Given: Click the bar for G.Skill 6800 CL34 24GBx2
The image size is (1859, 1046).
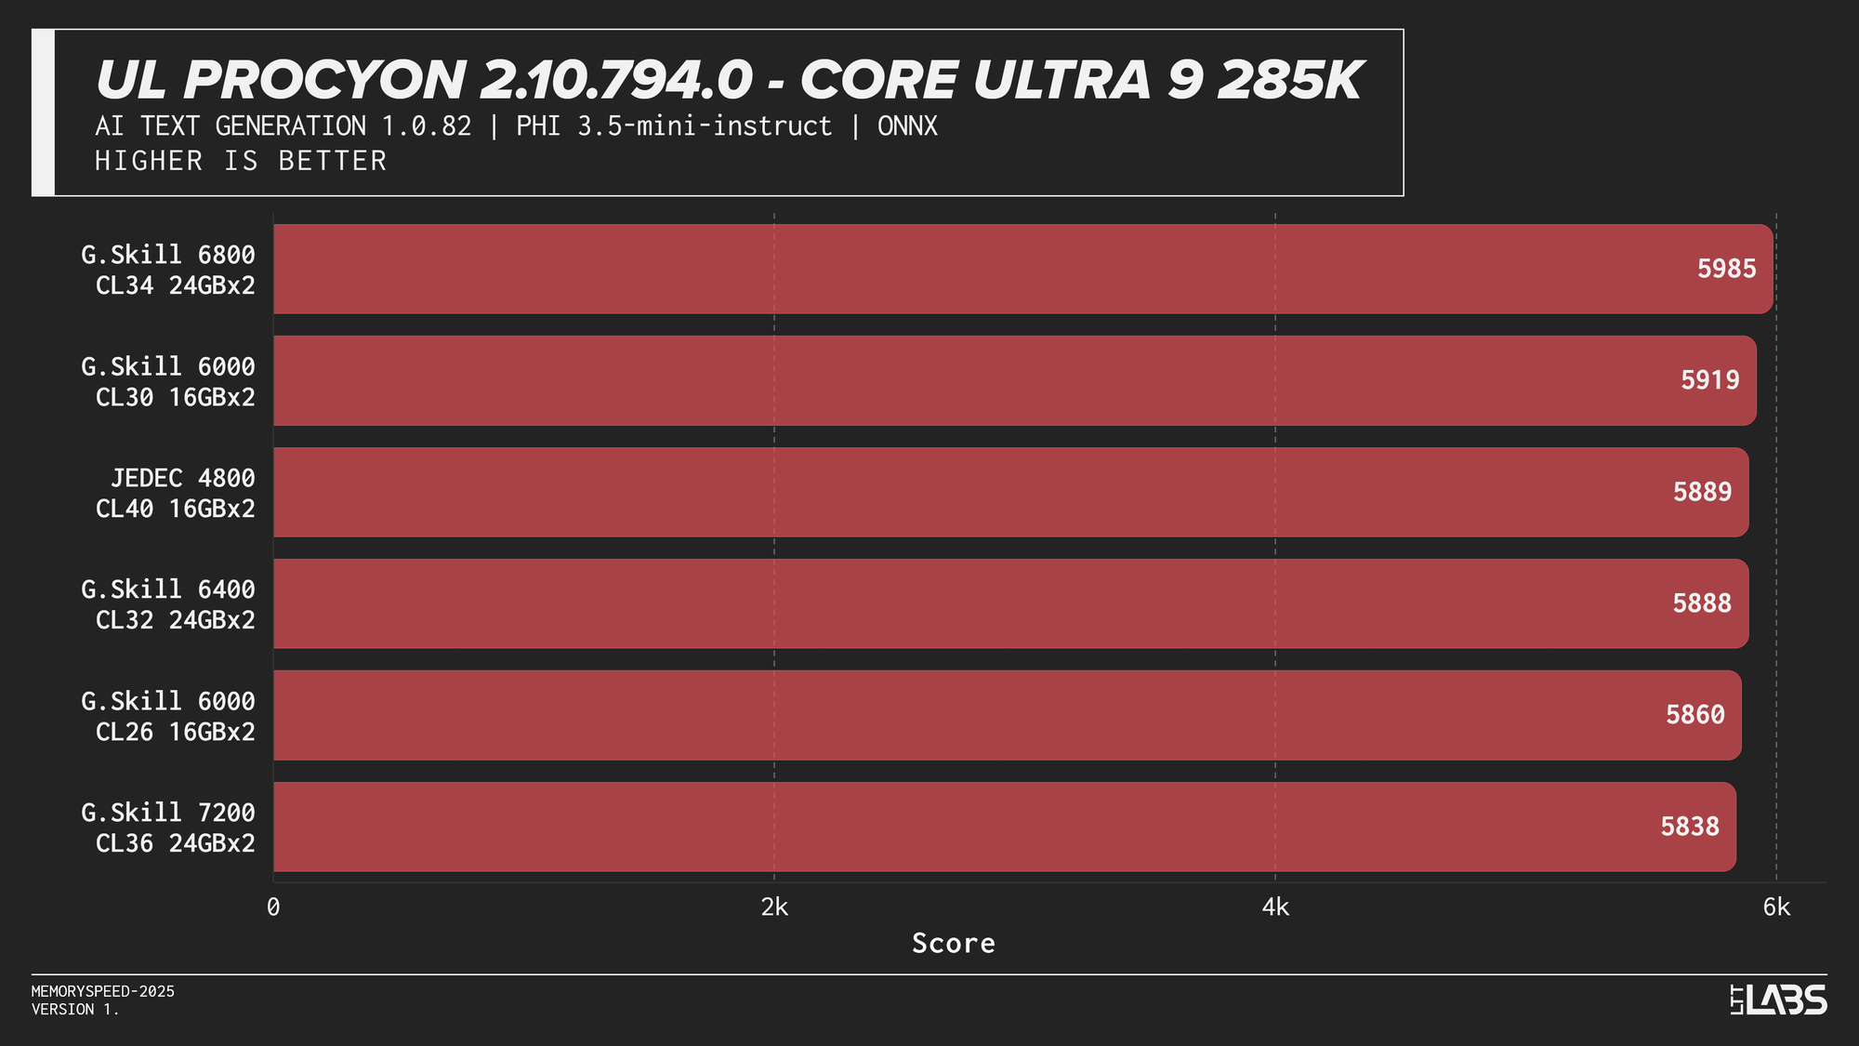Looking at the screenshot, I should pos(1022,269).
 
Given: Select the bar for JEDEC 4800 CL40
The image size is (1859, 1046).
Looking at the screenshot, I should pos(1010,492).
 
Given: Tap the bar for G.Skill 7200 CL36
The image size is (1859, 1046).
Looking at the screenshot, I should pos(1004,827).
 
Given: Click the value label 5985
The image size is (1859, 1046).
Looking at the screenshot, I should pos(1726,269).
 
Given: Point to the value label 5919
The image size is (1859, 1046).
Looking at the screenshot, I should pos(1709,380).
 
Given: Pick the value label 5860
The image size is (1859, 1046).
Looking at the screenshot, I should pos(1694,715).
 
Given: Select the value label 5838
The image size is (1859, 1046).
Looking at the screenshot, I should pos(1689,827).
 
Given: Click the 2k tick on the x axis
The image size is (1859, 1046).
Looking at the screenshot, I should pos(774,907).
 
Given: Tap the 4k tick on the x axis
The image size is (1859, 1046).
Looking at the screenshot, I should pos(1275,907).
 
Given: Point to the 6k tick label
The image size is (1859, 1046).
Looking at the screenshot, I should pos(1776,907).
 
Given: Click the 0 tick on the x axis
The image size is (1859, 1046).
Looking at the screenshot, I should pos(273,907).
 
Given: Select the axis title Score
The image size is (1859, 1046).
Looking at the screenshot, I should pos(953,944).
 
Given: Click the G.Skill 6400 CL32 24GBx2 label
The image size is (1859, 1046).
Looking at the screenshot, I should pos(168,604).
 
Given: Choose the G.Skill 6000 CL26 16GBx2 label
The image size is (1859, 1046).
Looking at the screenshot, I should pos(168,716).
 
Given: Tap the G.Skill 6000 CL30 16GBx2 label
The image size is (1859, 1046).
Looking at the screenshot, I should pos(168,381).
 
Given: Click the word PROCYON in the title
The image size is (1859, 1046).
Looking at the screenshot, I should pos(324,80).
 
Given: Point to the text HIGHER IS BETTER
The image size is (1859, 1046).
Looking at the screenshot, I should pos(241,161).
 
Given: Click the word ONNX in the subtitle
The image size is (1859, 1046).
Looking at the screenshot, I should pos(907,126).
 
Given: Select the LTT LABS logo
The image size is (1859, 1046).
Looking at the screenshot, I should pos(1778,1000).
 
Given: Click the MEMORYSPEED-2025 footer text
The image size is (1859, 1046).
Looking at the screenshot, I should pos(103,991).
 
